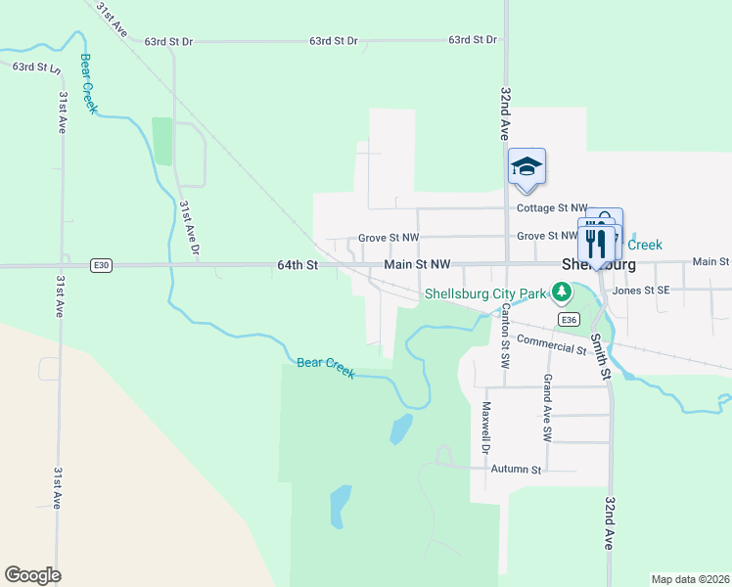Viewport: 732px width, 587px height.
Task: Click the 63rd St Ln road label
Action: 36,68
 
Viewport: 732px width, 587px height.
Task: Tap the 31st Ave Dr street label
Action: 189,229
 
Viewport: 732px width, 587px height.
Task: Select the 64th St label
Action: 298,265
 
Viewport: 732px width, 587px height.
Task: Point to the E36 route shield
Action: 569,319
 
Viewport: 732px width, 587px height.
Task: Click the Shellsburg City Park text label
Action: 484,293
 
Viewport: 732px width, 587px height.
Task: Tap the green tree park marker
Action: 562,292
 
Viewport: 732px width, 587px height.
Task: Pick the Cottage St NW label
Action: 552,208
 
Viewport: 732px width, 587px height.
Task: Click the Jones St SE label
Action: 641,290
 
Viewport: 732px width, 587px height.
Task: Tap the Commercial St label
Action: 551,344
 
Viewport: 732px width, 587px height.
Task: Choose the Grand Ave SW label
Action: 547,407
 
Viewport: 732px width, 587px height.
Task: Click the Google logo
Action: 32,575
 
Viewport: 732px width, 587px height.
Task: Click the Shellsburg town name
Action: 599,265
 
